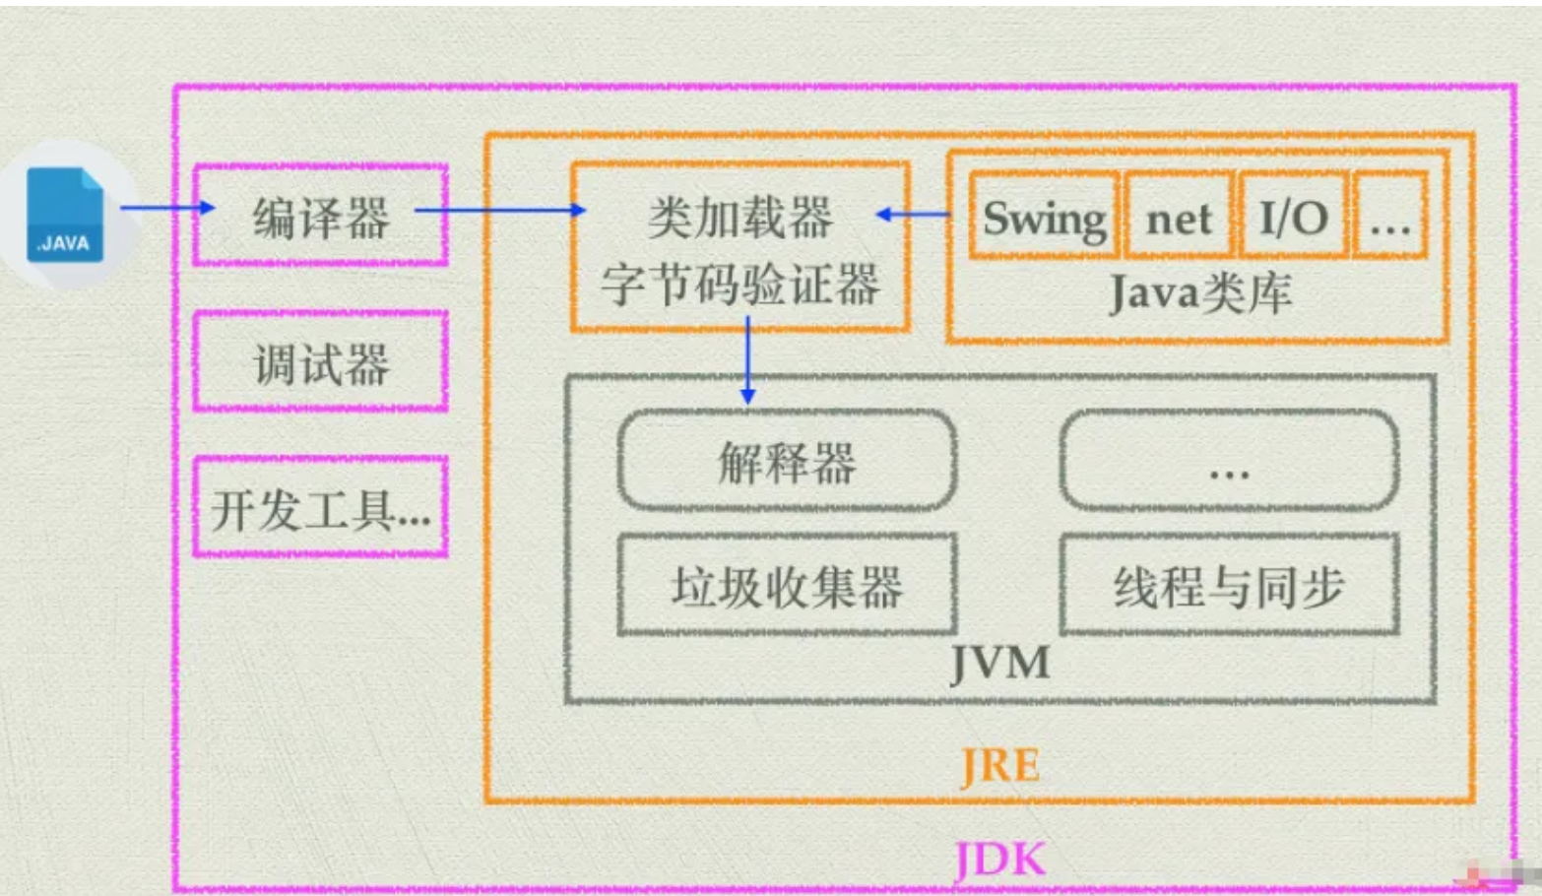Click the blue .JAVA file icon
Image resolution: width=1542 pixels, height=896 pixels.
pyautogui.click(x=65, y=215)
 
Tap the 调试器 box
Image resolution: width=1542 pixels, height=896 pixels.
pyautogui.click(x=321, y=363)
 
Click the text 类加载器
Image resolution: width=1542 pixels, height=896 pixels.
pyautogui.click(x=740, y=218)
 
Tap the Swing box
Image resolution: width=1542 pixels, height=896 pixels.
pyautogui.click(x=1044, y=217)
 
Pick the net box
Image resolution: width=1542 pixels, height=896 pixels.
pyautogui.click(x=1179, y=217)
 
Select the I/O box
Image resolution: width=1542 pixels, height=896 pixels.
pyautogui.click(x=1293, y=217)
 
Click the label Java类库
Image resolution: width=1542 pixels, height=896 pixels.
pyautogui.click(x=1199, y=293)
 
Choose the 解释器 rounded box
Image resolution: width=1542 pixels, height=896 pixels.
pyautogui.click(x=787, y=461)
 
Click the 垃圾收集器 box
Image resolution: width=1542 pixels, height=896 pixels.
pyautogui.click(x=787, y=586)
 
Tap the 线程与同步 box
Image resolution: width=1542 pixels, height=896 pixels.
pyautogui.click(x=1229, y=586)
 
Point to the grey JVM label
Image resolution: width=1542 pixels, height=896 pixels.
pyautogui.click(x=999, y=663)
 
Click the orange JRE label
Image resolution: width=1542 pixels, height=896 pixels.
pyautogui.click(x=999, y=766)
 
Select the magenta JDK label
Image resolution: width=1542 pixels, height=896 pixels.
pyautogui.click(x=999, y=860)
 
